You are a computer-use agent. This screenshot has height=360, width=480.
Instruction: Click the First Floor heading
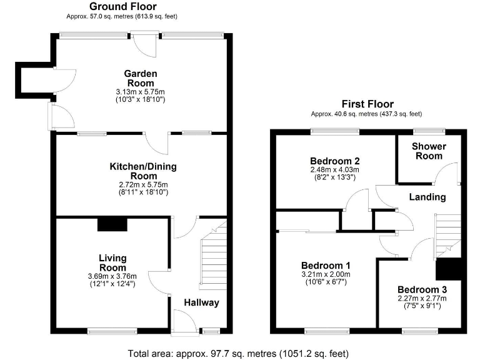tap(367, 104)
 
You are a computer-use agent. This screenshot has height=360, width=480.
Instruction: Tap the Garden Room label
tap(141, 78)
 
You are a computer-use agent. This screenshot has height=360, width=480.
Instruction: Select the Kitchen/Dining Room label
tap(143, 171)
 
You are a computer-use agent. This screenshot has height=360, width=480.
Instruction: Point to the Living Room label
tap(112, 262)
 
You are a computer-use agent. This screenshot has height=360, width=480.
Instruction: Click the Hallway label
tap(201, 303)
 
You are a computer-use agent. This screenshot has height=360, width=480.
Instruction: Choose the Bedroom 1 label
tap(326, 265)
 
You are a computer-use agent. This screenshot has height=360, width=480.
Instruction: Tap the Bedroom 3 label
tap(422, 290)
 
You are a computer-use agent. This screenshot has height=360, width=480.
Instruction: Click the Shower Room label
tap(428, 151)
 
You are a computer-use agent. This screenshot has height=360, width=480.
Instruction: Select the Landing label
tap(427, 197)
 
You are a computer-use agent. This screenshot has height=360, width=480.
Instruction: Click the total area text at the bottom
tap(240, 352)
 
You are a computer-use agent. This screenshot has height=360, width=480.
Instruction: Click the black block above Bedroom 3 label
tap(448, 269)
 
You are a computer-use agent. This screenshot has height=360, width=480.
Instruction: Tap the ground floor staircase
tap(212, 256)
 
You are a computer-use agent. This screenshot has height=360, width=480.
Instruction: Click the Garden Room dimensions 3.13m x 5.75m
tap(141, 92)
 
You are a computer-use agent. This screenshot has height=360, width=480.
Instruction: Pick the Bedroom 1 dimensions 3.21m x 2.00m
tap(326, 274)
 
